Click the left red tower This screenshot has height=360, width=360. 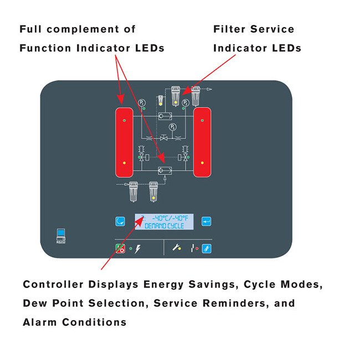(x=124, y=142)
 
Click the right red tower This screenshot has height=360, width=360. (x=202, y=142)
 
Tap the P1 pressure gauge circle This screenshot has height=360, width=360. (x=142, y=103)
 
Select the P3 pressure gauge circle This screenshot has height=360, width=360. (x=173, y=127)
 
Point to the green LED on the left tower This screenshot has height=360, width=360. (x=124, y=120)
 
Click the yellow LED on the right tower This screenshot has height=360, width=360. (x=202, y=163)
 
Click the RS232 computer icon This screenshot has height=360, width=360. (x=60, y=234)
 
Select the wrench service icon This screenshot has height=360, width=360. (x=177, y=249)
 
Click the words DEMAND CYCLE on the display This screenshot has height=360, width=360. (x=164, y=226)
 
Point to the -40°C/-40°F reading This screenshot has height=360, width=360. (x=169, y=218)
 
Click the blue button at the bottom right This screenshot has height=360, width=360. (x=206, y=249)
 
